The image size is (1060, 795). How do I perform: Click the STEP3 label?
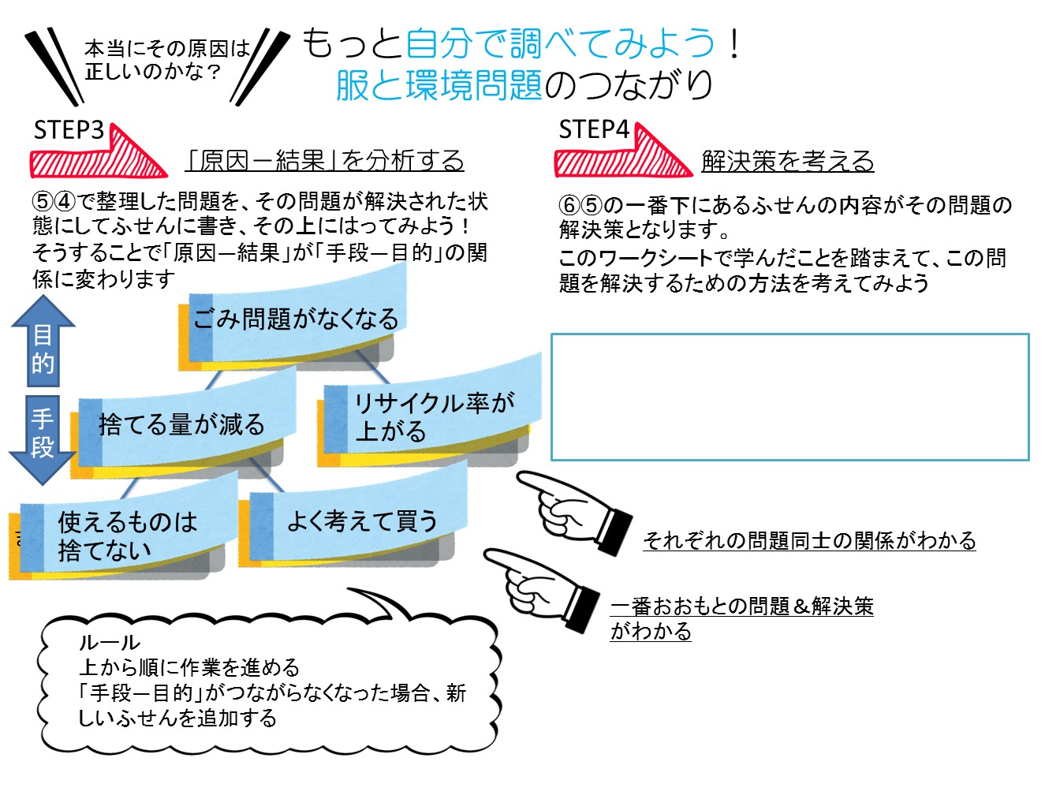[69, 130]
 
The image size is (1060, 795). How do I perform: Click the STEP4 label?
[594, 129]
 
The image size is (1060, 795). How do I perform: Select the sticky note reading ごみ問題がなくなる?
[296, 319]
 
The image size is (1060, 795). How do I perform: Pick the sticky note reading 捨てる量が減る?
[181, 424]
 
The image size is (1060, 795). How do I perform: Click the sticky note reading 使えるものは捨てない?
[126, 535]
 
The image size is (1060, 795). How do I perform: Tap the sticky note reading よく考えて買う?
[359, 521]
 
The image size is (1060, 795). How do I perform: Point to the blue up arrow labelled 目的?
[43, 344]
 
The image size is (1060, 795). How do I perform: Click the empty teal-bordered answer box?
[789, 397]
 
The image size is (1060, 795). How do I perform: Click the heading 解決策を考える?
[788, 161]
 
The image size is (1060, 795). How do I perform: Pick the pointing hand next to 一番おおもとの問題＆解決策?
[544, 588]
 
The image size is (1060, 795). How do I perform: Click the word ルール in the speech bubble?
[109, 643]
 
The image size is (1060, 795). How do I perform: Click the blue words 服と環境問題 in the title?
[439, 85]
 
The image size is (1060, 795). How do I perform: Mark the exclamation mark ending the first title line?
[734, 44]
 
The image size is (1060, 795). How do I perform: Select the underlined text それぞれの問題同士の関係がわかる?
[809, 540]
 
